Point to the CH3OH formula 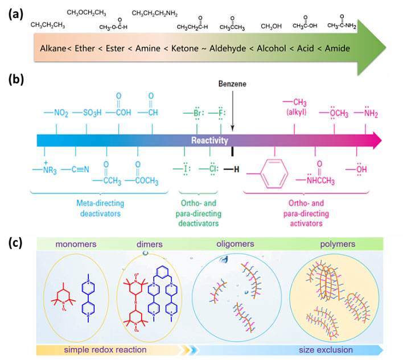[272, 26]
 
